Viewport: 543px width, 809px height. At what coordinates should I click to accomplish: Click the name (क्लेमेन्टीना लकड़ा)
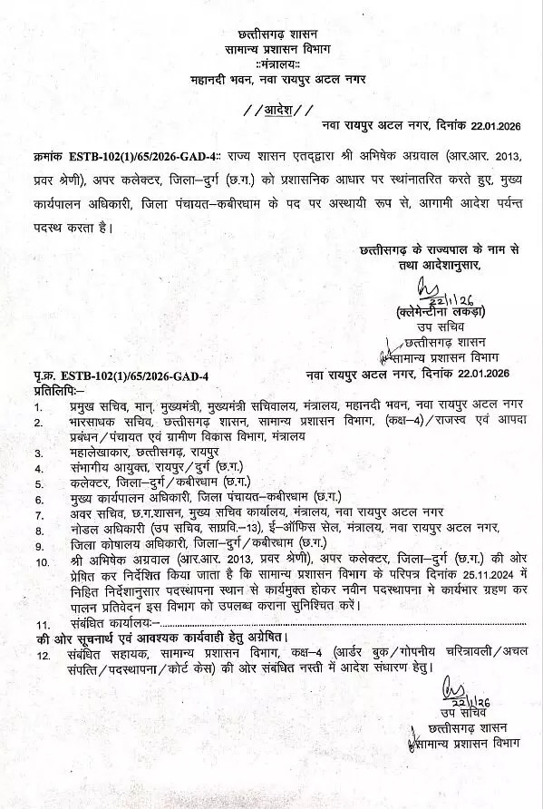click(x=434, y=311)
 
